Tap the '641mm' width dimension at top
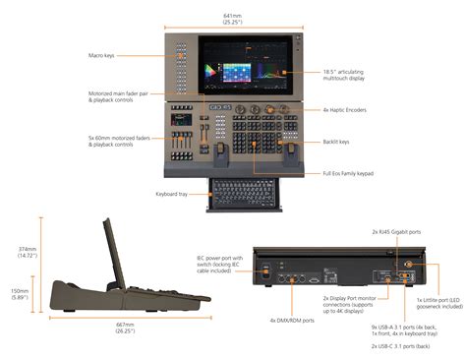[x=233, y=16]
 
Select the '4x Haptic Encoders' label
[x=352, y=111]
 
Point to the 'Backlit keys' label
[x=342, y=142]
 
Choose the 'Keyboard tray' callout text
[x=174, y=194]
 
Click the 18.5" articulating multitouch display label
[x=355, y=74]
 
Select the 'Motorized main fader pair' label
[x=117, y=97]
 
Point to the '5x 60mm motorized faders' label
[x=117, y=141]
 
